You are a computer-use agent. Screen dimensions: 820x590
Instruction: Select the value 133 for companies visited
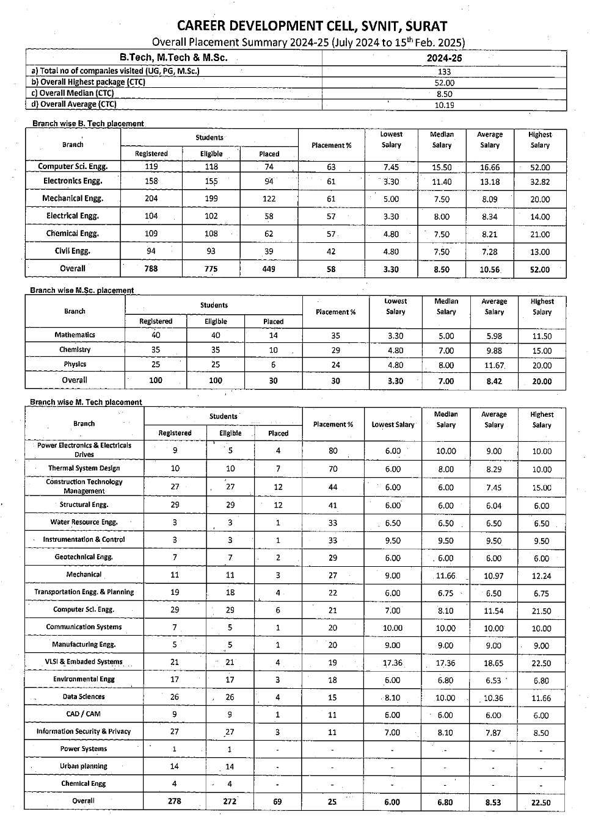(x=444, y=71)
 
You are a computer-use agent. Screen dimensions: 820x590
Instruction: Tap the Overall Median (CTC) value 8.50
(x=444, y=94)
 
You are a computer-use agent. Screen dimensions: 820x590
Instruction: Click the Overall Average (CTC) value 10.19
(x=444, y=105)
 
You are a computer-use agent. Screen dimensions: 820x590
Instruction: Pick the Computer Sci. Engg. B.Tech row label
(x=73, y=167)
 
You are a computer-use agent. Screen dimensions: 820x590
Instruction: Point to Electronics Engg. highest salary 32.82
(x=540, y=182)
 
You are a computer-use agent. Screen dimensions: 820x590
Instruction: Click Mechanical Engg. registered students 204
(x=151, y=199)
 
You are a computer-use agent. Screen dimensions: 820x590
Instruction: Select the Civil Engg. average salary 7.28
(x=490, y=252)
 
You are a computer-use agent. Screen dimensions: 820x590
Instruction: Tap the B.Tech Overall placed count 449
(x=269, y=269)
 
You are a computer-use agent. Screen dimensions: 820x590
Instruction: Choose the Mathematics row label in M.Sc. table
(x=75, y=335)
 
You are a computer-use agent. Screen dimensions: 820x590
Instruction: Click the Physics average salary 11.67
(x=494, y=365)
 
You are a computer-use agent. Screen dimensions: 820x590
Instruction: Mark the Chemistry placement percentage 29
(x=335, y=351)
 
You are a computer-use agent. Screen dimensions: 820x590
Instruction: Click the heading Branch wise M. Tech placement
(x=86, y=403)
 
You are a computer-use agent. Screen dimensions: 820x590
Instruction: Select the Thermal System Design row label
(x=84, y=469)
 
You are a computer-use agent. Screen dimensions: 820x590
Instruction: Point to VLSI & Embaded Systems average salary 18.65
(x=493, y=663)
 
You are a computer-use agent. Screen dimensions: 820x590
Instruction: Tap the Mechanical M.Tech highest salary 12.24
(x=541, y=576)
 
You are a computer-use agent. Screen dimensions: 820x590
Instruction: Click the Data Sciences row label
(x=84, y=697)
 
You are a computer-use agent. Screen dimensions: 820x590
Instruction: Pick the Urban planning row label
(x=84, y=766)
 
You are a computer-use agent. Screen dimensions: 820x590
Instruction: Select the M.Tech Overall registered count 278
(x=174, y=802)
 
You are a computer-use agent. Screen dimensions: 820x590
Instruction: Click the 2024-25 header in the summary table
(x=444, y=58)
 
